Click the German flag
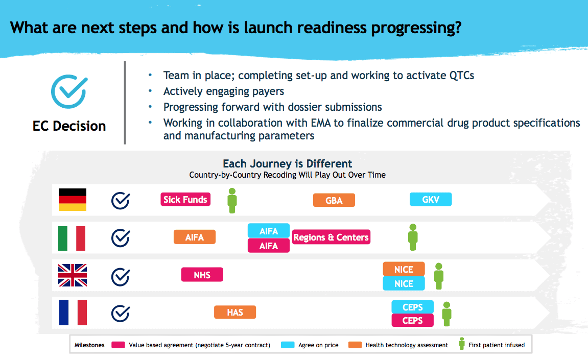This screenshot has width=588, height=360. (x=73, y=200)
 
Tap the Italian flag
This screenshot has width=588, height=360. (x=72, y=238)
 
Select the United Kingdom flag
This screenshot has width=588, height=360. (x=73, y=275)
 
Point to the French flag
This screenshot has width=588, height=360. (x=73, y=313)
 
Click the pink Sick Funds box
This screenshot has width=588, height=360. (x=185, y=200)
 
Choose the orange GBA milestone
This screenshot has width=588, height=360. (x=334, y=200)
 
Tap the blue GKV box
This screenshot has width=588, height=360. (x=431, y=200)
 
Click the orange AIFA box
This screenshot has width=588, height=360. (x=194, y=237)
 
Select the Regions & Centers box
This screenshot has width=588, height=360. (x=331, y=237)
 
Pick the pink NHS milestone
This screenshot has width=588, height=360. (x=202, y=275)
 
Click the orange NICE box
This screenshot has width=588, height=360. (x=404, y=269)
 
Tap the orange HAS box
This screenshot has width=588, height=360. (x=235, y=312)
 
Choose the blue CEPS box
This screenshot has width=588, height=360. (x=412, y=307)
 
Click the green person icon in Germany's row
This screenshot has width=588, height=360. (x=232, y=201)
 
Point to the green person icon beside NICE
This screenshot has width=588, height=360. (x=439, y=276)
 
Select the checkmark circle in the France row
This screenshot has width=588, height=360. (x=121, y=314)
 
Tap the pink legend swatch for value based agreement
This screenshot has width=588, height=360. (x=118, y=345)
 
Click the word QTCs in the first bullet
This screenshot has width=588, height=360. (x=462, y=76)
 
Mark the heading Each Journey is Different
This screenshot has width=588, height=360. (x=287, y=163)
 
